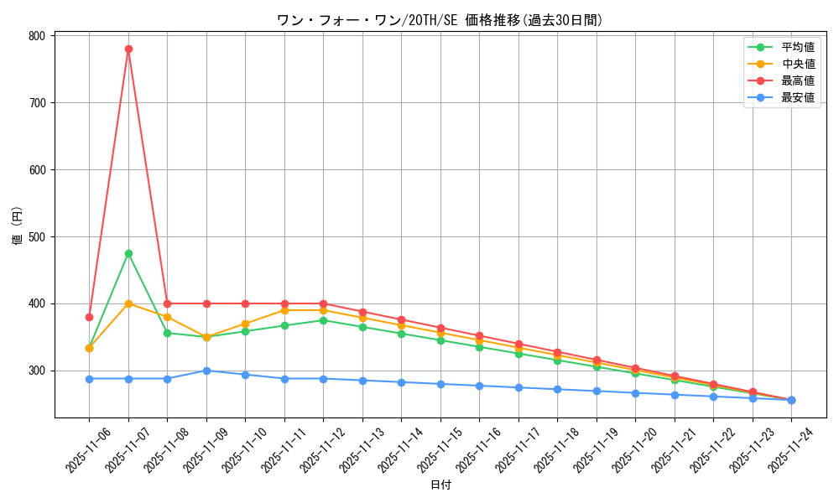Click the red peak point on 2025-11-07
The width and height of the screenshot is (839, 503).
point(128,49)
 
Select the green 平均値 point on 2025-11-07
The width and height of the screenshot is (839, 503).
point(128,253)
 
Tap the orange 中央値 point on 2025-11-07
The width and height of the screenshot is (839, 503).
point(128,303)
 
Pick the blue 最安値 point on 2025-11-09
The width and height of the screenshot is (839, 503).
point(206,371)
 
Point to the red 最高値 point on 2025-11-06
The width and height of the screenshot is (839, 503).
point(89,317)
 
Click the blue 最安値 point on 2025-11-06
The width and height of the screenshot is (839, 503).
point(89,379)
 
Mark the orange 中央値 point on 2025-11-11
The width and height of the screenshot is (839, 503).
point(284,310)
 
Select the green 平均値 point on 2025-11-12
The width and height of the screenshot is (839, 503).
point(323,320)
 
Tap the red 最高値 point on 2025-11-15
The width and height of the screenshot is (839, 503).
point(440,328)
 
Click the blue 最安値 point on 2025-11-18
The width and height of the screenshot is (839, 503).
point(557,389)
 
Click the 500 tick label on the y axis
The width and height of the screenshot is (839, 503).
point(37,236)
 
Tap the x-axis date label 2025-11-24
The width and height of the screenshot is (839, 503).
point(792,449)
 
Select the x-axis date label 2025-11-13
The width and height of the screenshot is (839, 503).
point(363,449)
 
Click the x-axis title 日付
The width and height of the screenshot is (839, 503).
point(440,485)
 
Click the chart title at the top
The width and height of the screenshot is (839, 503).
point(440,20)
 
